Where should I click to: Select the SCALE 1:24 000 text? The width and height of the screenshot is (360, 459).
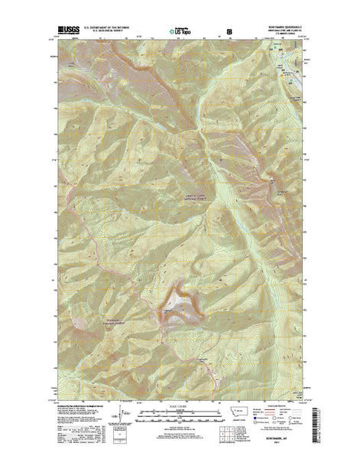[180, 405]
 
